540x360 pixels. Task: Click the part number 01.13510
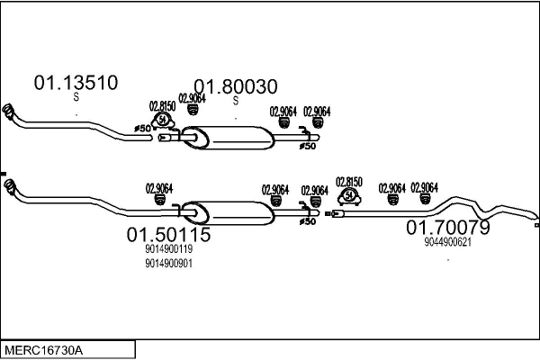click(76, 84)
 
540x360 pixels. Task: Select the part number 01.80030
click(236, 86)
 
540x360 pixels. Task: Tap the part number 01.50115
click(168, 236)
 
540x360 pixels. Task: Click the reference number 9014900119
click(168, 250)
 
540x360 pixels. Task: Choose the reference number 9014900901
click(168, 264)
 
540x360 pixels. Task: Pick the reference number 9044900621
click(448, 241)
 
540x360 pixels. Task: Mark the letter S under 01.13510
click(76, 98)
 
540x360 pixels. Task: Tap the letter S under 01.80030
click(236, 101)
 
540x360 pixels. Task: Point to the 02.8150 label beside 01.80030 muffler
click(162, 105)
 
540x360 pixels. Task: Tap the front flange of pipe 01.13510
click(9, 113)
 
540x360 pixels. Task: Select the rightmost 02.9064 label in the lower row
click(424, 187)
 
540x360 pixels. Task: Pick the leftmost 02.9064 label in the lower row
click(159, 188)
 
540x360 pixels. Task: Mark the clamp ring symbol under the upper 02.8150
click(163, 120)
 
